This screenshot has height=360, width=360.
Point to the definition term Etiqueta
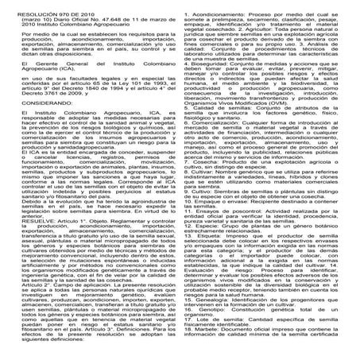(211, 259)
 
